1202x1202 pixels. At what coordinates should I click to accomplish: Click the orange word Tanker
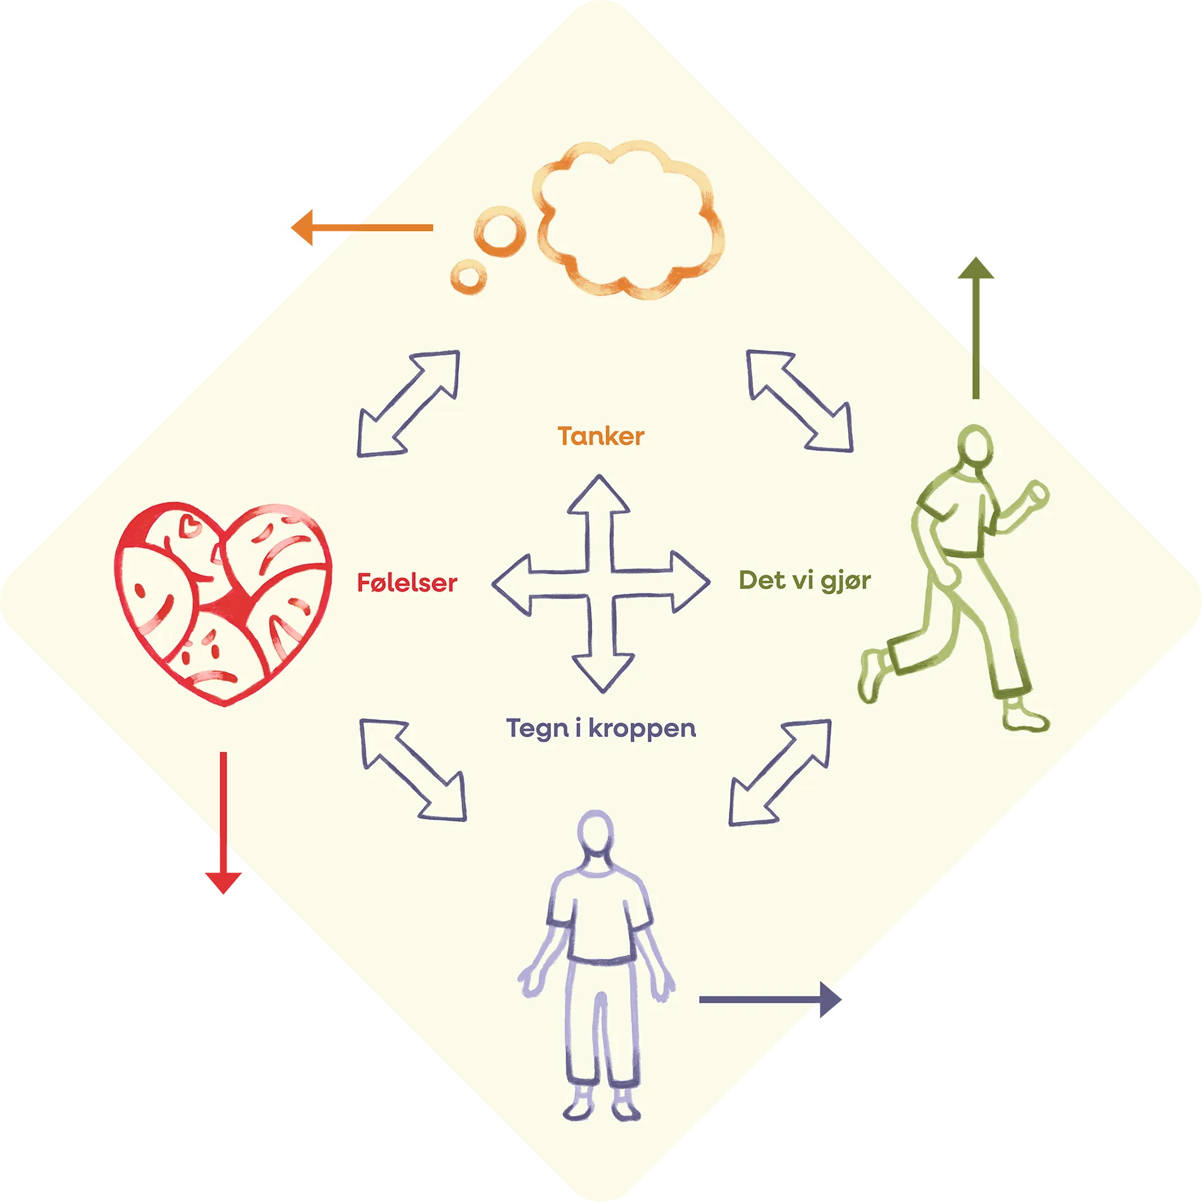tap(600, 437)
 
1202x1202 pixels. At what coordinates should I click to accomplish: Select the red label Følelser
tap(407, 583)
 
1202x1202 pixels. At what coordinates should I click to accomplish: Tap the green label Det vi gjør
tap(804, 581)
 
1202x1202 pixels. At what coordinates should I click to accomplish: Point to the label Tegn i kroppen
tap(600, 729)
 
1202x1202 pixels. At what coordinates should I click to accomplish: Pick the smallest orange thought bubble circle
tap(468, 277)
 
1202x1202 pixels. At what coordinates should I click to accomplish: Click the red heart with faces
tap(223, 601)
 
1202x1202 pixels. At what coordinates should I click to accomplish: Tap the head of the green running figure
tap(975, 445)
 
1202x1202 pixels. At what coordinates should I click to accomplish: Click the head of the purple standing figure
tap(595, 831)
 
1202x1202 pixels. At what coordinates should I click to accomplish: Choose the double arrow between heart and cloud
tap(409, 403)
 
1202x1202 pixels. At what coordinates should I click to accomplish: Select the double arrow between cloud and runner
tap(800, 400)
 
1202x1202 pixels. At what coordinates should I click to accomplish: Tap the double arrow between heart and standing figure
tap(413, 770)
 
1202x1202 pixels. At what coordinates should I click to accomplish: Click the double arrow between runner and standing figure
tap(780, 772)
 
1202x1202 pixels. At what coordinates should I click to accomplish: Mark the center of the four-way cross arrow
tap(601, 583)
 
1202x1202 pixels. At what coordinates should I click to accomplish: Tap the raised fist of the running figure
tap(1038, 493)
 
